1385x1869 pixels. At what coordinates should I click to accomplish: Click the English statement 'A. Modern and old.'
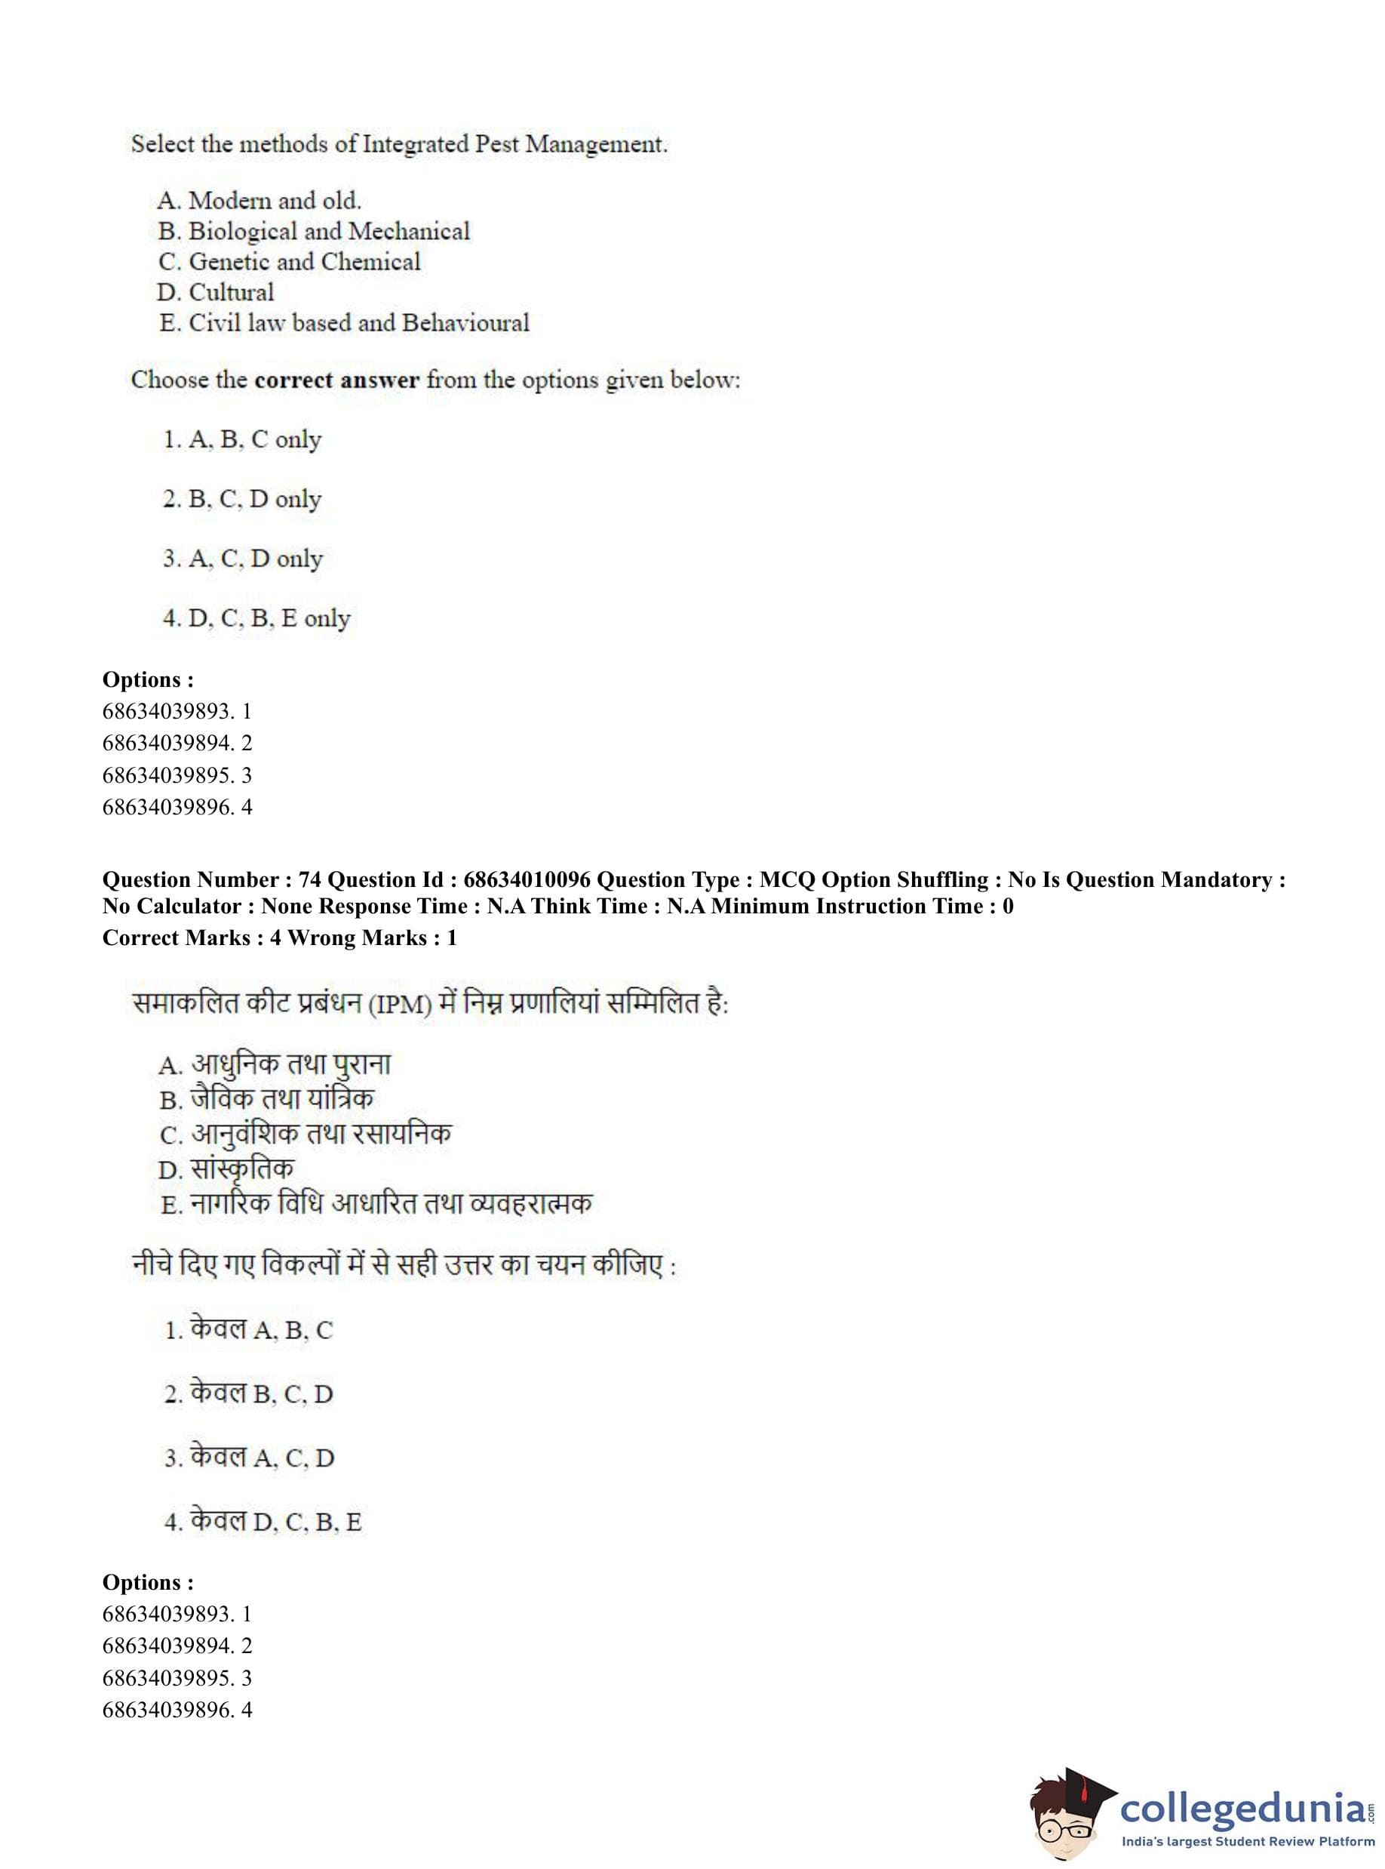tap(259, 201)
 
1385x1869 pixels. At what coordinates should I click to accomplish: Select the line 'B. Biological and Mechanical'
tap(314, 231)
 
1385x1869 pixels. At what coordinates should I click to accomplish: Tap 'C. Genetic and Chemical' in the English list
tap(289, 262)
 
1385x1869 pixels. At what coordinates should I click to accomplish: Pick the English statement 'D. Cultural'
tap(216, 292)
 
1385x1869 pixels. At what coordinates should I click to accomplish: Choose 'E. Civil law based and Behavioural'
tap(344, 323)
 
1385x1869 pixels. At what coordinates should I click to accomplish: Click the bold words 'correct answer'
tap(336, 380)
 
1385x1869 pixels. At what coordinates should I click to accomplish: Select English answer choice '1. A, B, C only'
tap(242, 439)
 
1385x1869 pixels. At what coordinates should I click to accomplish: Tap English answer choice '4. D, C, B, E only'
tap(256, 618)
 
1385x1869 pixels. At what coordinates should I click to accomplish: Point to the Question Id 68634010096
tap(527, 879)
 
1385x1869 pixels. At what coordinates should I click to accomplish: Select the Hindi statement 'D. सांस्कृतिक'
tap(226, 1169)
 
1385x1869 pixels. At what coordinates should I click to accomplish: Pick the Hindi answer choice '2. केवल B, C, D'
tap(249, 1393)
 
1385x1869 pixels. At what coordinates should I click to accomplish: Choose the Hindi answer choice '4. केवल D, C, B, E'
tap(263, 1521)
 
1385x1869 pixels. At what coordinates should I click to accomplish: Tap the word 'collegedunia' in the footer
tap(1242, 1806)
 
